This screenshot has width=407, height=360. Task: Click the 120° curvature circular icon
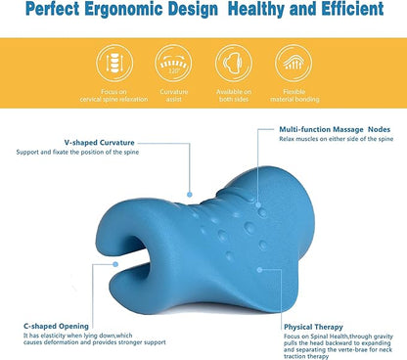[173, 64]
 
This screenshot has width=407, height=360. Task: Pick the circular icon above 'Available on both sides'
[235, 64]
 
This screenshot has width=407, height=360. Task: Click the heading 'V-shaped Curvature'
[72, 141]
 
